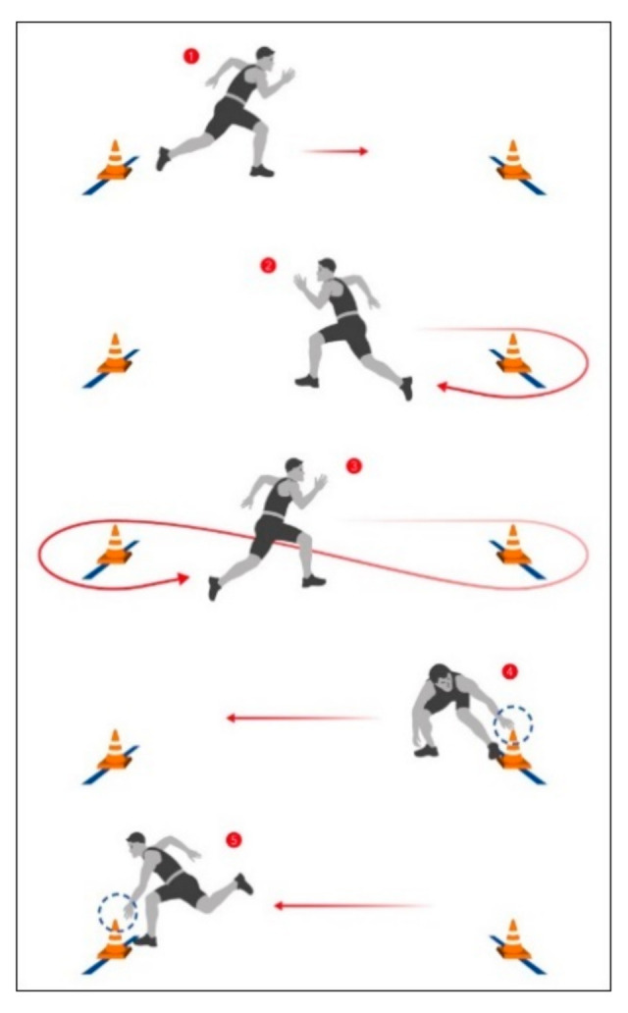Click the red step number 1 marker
pos(190,56)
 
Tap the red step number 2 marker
pos(268,265)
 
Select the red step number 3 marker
pos(354,466)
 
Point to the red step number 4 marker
pos(510,671)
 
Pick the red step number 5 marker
pos(234,840)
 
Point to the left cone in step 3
pos(115,545)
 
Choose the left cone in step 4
pos(115,750)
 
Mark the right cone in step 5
pos(513,940)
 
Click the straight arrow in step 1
pos(335,151)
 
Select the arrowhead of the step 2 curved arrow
pos(443,387)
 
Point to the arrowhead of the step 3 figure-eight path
pos(183,578)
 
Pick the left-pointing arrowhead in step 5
pos(279,906)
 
